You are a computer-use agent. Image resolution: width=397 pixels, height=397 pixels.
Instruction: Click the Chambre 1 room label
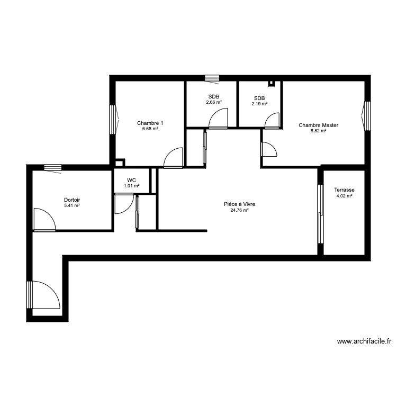point(150,123)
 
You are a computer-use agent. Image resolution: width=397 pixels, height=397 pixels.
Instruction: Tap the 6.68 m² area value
point(150,129)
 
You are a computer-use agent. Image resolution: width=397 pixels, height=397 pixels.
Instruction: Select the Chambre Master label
point(318,125)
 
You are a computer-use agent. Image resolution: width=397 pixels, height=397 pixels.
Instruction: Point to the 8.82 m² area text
point(318,131)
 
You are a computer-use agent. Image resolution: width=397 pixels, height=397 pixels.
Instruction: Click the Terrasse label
point(344,190)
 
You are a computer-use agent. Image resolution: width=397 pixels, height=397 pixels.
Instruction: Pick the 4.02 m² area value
point(344,196)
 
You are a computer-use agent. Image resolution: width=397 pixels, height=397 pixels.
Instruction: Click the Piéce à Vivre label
point(239,204)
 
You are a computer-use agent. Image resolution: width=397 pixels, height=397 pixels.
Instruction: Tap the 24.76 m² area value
point(239,210)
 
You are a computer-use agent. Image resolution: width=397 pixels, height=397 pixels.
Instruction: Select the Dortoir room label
point(71,200)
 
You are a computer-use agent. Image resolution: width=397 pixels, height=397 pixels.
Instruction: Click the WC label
point(131,180)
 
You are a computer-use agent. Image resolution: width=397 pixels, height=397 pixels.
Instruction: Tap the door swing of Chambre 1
point(174,157)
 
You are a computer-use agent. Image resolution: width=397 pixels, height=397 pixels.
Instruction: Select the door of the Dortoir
point(43,220)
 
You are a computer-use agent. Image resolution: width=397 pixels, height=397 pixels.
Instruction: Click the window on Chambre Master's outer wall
point(366,116)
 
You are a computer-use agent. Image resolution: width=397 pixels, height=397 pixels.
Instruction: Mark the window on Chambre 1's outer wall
point(113,119)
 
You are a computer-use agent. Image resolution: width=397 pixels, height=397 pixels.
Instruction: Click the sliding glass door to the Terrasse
point(320,214)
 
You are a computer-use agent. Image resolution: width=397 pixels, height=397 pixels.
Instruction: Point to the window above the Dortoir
point(52,168)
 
